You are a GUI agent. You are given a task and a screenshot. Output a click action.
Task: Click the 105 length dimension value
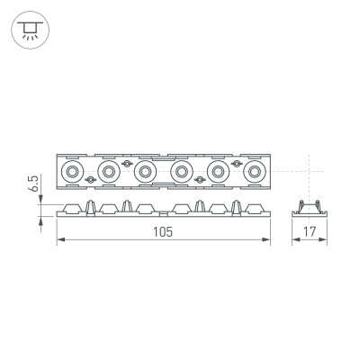(163, 231)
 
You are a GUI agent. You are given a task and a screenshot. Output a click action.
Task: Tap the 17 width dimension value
(311, 231)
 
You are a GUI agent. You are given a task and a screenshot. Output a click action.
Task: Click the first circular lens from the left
(70, 171)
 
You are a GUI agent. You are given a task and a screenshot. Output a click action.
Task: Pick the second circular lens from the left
(108, 171)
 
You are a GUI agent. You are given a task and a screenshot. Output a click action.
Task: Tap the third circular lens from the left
(145, 171)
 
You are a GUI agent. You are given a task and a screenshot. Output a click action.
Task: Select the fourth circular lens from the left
(182, 171)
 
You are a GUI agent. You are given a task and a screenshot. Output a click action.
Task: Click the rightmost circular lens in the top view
(256, 171)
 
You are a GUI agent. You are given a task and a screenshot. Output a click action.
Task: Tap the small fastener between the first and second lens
(89, 180)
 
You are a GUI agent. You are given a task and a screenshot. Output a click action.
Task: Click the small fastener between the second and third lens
(127, 162)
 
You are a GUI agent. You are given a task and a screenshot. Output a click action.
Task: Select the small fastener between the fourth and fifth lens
(201, 180)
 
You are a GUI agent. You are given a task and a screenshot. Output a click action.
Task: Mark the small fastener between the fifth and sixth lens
(238, 162)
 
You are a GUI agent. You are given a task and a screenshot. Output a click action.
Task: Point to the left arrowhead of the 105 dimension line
(60, 240)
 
